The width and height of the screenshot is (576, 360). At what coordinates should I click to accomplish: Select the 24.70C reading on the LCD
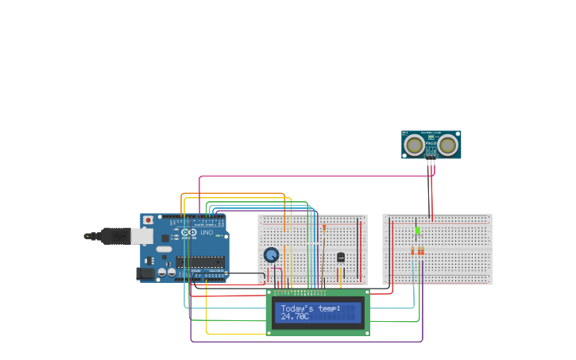pyautogui.click(x=295, y=316)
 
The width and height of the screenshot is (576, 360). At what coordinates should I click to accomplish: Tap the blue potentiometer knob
pyautogui.click(x=272, y=255)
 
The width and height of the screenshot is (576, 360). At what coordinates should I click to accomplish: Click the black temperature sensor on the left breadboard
pyautogui.click(x=341, y=257)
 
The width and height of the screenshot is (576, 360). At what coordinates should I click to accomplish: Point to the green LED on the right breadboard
pyautogui.click(x=417, y=230)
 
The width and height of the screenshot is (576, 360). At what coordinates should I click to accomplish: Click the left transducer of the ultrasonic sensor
pyautogui.click(x=414, y=145)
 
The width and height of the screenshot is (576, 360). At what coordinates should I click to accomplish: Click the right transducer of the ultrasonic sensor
pyautogui.click(x=448, y=145)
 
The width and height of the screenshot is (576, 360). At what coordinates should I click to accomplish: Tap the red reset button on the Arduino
pyautogui.click(x=147, y=219)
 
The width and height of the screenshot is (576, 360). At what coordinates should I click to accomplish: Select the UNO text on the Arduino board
pyautogui.click(x=206, y=232)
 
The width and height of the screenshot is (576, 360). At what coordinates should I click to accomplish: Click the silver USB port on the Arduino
pyautogui.click(x=141, y=236)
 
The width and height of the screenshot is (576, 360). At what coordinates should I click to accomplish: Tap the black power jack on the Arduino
pyautogui.click(x=145, y=273)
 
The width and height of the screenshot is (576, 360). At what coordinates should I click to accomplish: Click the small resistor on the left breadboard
pyautogui.click(x=324, y=227)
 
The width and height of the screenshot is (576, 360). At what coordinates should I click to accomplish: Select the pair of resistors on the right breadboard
pyautogui.click(x=416, y=251)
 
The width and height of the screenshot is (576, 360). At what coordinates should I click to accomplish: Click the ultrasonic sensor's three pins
pyautogui.click(x=431, y=162)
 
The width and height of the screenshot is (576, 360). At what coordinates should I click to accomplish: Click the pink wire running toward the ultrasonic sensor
pyautogui.click(x=318, y=177)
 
